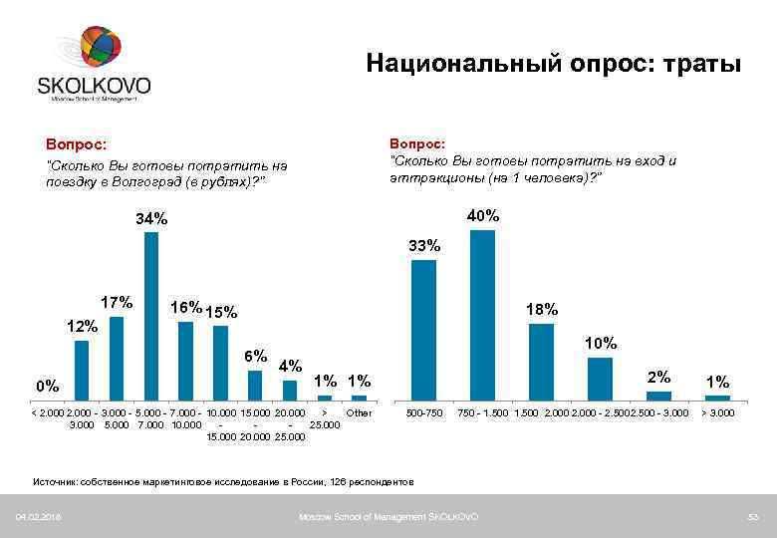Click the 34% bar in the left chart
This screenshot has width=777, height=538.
[151, 314]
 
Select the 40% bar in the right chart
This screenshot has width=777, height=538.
[482, 314]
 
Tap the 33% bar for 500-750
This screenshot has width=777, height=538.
[423, 329]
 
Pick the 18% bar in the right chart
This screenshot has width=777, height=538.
[541, 361]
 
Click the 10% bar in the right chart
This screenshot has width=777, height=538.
[600, 378]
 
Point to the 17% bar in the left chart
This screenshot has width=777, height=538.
[117, 357]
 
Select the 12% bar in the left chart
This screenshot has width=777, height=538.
[82, 369]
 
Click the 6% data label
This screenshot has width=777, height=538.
[256, 356]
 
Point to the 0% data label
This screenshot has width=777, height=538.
[47, 386]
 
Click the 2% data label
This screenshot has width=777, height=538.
[658, 377]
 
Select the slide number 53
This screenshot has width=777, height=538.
[753, 516]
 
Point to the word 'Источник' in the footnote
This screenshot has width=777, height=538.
[56, 481]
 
